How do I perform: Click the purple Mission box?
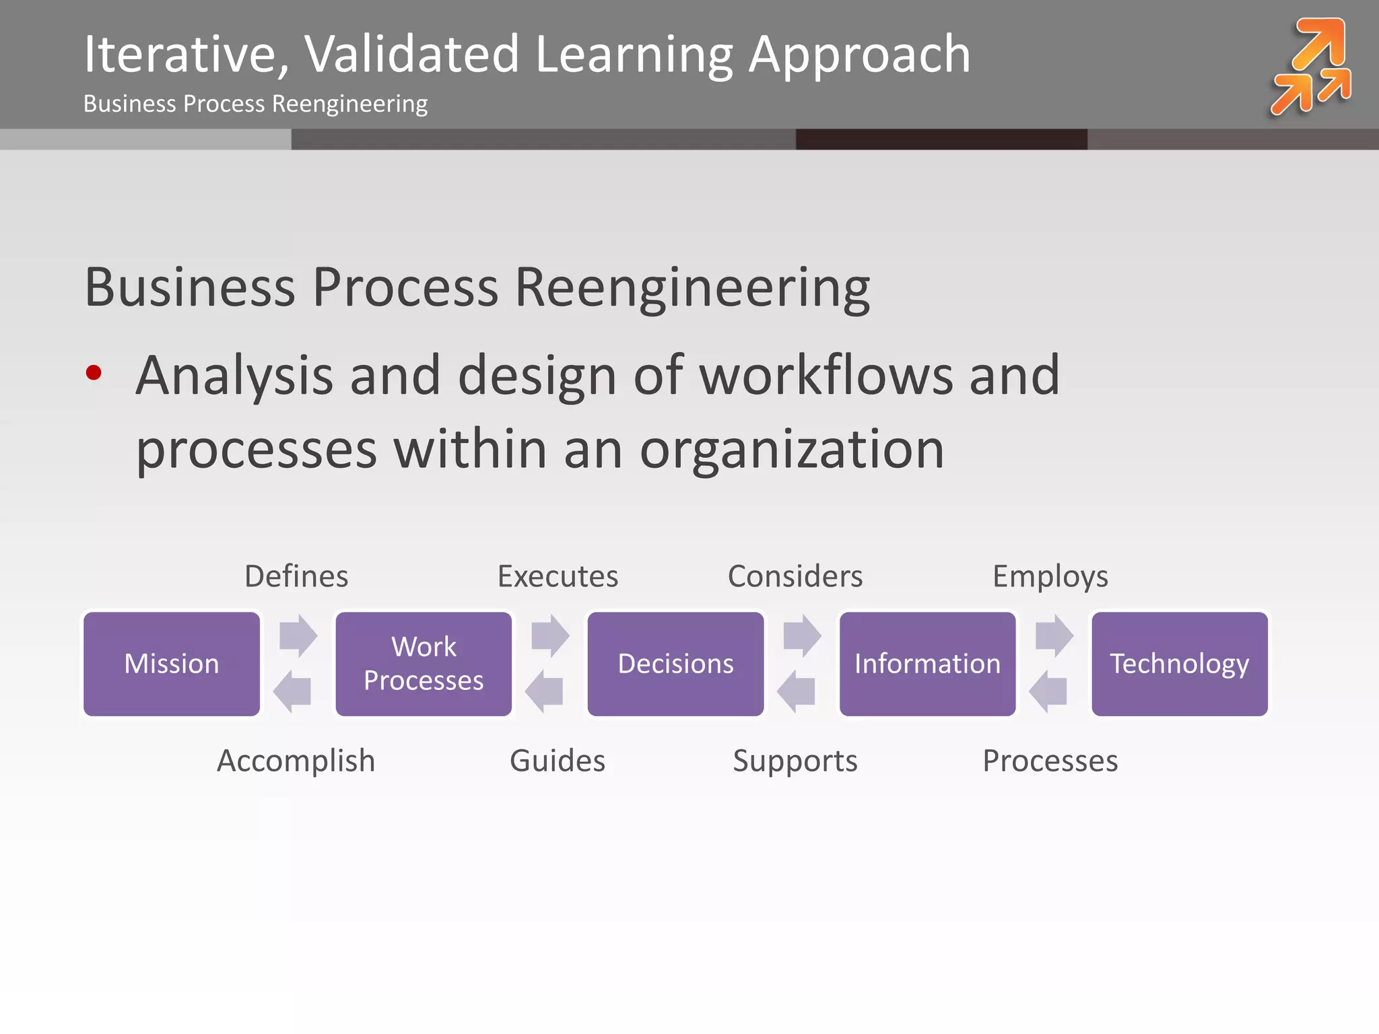point(172,664)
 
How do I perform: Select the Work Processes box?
point(424,664)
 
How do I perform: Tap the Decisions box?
point(675,664)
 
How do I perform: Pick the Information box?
point(927,664)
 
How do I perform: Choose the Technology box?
point(1179,664)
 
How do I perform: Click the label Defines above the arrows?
point(296,576)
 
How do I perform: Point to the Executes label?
point(558,576)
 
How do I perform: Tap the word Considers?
point(795,576)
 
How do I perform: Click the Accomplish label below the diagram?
point(296,761)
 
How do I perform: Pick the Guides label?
point(558,761)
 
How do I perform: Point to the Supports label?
point(795,761)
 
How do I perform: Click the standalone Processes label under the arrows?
point(1050,761)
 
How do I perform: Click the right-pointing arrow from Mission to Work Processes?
point(298,635)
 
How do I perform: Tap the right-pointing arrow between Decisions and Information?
point(802,635)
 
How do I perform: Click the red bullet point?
point(94,372)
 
